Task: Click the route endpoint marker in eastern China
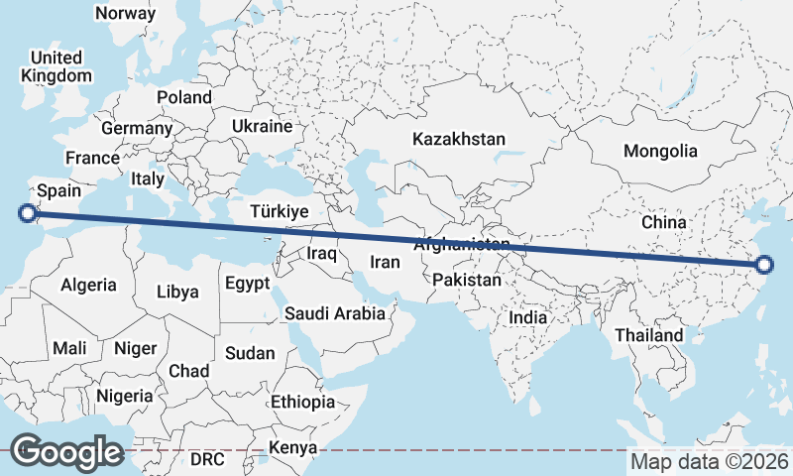[x=763, y=264]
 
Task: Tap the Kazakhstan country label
[x=460, y=139]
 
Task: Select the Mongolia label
[x=660, y=152]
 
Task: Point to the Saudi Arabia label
[x=335, y=314]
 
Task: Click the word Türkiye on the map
[x=280, y=211]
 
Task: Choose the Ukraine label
[x=262, y=127]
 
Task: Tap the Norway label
[x=126, y=14]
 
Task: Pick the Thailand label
[x=649, y=335]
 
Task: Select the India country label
[x=527, y=318]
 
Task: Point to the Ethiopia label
[x=302, y=402]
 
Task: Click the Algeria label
[x=89, y=286]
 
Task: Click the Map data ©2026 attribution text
[x=710, y=461]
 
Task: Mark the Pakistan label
[x=467, y=281]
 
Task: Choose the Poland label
[x=184, y=97]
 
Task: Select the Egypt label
[x=247, y=284]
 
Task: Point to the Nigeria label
[x=126, y=396]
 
